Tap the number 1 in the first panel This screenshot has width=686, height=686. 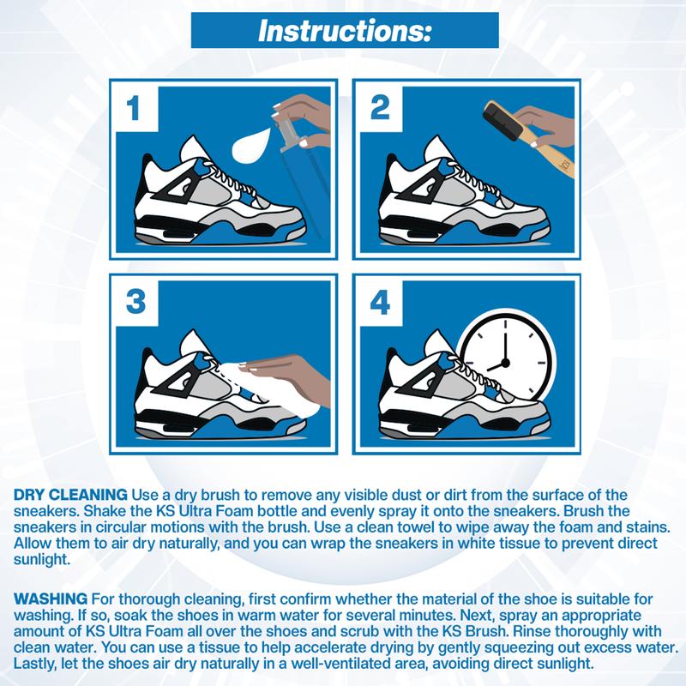point(133,108)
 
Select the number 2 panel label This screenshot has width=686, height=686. point(380,108)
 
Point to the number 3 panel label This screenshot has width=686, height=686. point(135,302)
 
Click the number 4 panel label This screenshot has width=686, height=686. point(380,303)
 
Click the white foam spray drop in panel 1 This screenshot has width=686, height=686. point(250,144)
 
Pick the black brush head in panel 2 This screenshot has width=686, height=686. point(502,121)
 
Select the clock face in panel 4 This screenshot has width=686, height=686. point(505,362)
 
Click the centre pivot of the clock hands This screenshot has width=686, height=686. point(505,363)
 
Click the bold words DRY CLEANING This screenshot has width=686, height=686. point(70,495)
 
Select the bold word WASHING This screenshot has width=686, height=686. point(51,599)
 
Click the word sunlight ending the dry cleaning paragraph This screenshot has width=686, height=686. point(40,560)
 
